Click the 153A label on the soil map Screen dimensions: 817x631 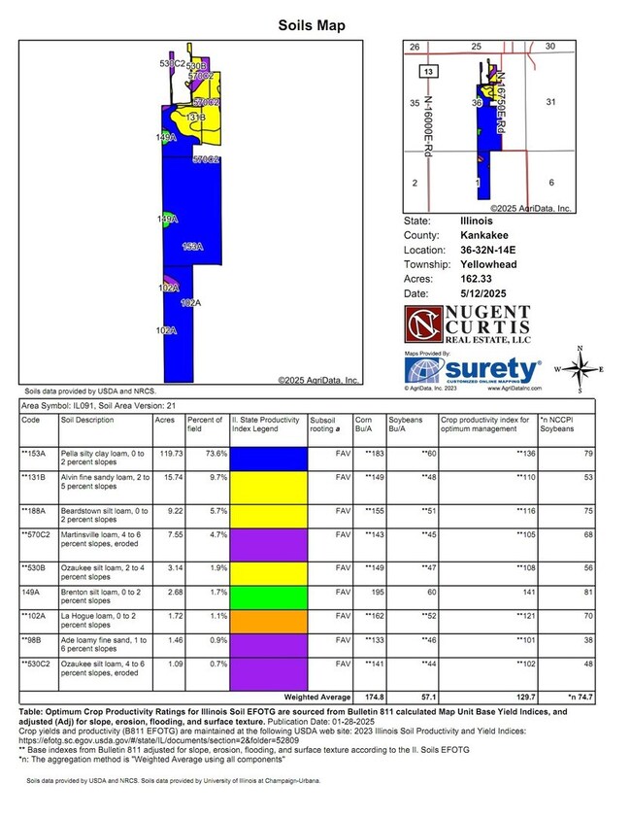(192, 247)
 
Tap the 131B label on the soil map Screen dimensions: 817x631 (195, 117)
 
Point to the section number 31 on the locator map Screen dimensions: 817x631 (549, 102)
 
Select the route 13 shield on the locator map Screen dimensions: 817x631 (427, 72)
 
